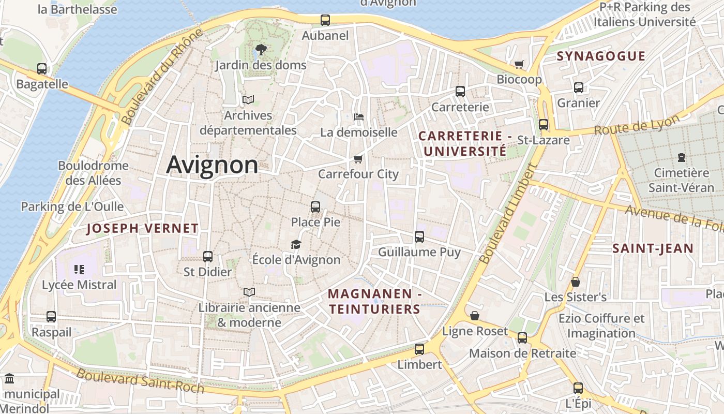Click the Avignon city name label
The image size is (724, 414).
pyautogui.click(x=212, y=165)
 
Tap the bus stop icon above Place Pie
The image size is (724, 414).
pyautogui.click(x=315, y=207)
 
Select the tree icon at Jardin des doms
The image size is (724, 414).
pyautogui.click(x=261, y=50)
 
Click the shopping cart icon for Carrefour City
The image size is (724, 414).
pyautogui.click(x=358, y=159)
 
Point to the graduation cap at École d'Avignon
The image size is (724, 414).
pyautogui.click(x=296, y=244)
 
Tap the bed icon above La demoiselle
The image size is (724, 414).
pyautogui.click(x=358, y=117)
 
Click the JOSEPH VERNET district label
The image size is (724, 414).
pyautogui.click(x=142, y=228)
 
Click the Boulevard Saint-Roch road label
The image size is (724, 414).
pyautogui.click(x=140, y=380)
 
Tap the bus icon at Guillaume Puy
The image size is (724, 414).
pyautogui.click(x=419, y=237)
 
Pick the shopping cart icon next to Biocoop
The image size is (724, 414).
pyautogui.click(x=519, y=65)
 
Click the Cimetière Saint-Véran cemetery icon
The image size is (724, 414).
pyautogui.click(x=681, y=157)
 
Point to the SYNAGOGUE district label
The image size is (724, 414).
pyautogui.click(x=601, y=56)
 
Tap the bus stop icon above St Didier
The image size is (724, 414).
pyautogui.click(x=208, y=257)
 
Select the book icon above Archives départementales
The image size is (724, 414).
pyautogui.click(x=248, y=100)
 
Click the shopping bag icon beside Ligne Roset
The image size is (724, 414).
pyautogui.click(x=474, y=316)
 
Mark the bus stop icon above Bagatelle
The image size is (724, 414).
pyautogui.click(x=42, y=69)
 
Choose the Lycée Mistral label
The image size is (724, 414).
pyautogui.click(x=79, y=285)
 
